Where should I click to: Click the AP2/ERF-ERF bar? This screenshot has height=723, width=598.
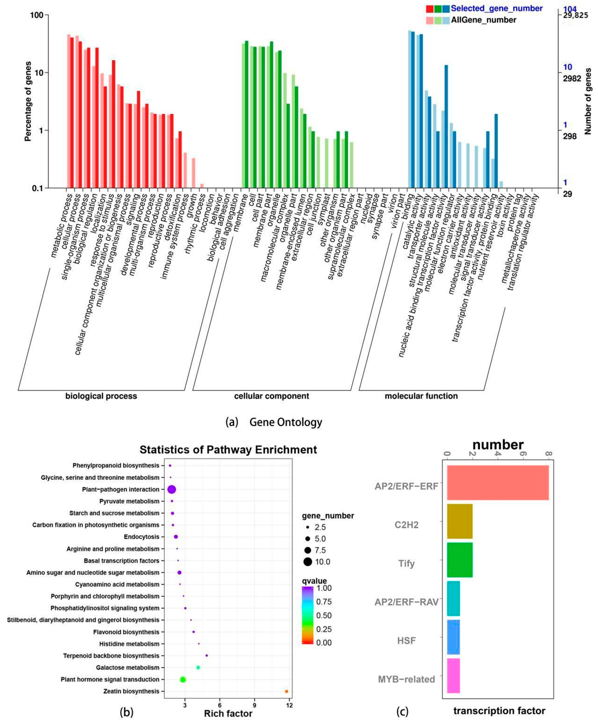[x=498, y=482]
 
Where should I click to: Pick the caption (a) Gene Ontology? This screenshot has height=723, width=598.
[x=274, y=422]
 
